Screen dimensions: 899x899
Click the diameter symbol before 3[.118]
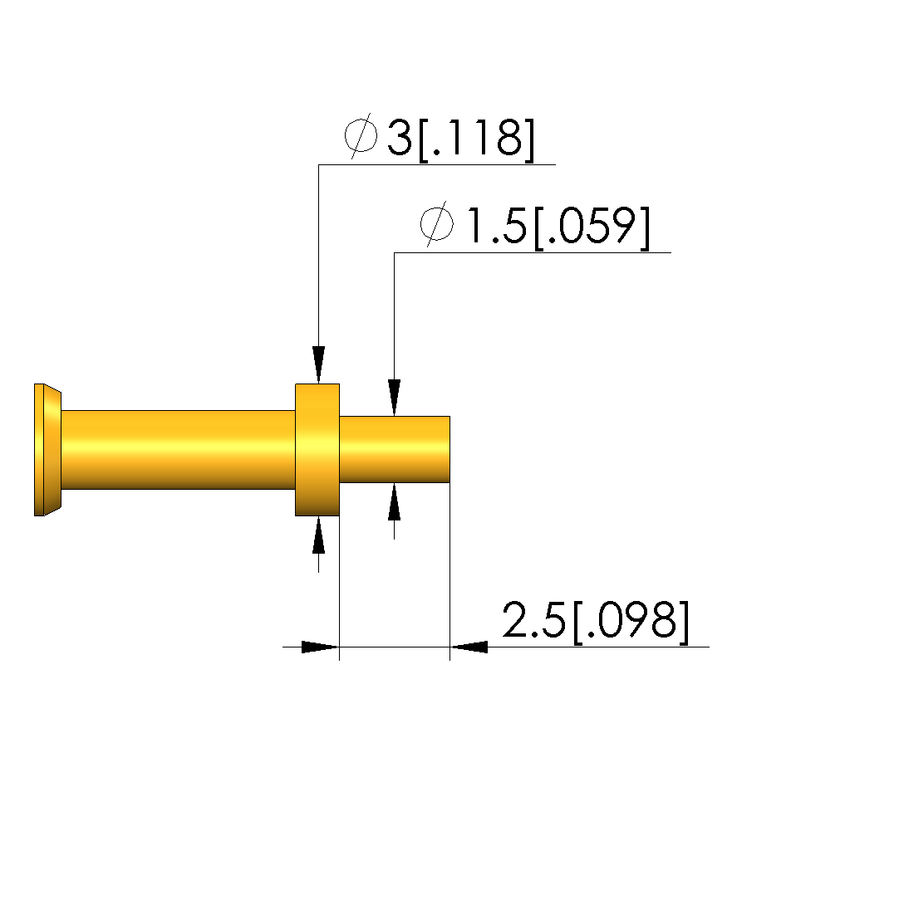pyautogui.click(x=361, y=136)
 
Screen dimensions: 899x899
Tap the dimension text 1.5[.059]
pyautogui.click(x=558, y=227)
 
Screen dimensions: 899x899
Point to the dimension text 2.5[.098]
pyautogui.click(x=596, y=622)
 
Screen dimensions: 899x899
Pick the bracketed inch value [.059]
pyautogui.click(x=592, y=227)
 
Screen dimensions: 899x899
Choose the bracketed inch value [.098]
pyautogui.click(x=631, y=622)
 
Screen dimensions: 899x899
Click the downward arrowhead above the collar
pyautogui.click(x=319, y=364)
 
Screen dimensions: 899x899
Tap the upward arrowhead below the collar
pyautogui.click(x=319, y=535)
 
